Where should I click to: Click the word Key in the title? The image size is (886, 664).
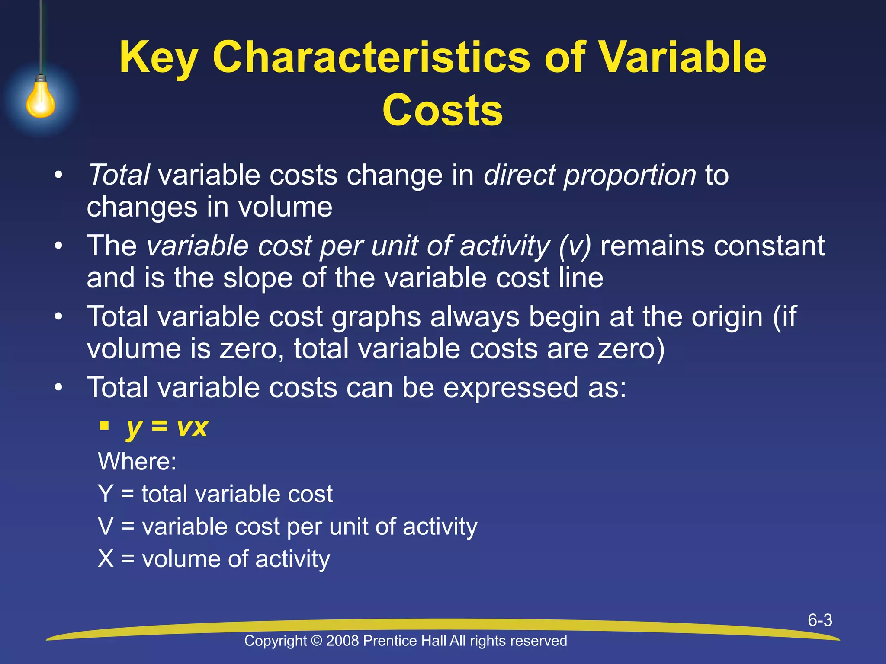[x=158, y=57]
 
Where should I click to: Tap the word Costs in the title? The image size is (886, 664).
[x=442, y=110]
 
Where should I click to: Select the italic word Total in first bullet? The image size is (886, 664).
[x=119, y=175]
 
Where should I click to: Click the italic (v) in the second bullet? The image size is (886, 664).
[x=574, y=246]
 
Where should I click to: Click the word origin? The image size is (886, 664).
[x=727, y=317]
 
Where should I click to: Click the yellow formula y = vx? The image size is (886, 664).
[x=167, y=427]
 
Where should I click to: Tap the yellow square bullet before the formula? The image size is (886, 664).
[x=104, y=426]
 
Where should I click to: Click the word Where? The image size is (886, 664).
[x=137, y=461]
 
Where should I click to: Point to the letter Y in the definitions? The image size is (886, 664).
[x=106, y=494]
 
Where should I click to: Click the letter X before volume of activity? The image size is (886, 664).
[x=106, y=559]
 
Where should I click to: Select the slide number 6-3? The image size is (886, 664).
[x=820, y=620]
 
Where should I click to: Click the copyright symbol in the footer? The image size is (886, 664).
[x=317, y=641]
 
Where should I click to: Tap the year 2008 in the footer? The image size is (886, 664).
[x=343, y=641]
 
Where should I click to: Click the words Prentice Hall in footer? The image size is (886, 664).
[x=404, y=641]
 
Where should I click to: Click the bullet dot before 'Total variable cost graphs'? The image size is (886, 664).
[x=59, y=317]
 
